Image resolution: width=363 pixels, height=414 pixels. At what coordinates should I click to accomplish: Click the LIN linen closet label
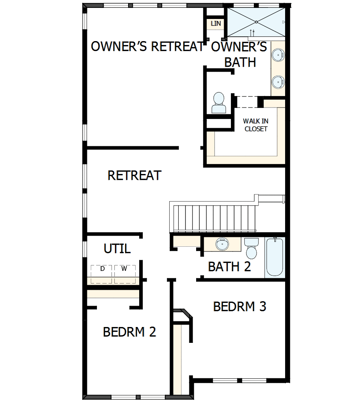(216, 24)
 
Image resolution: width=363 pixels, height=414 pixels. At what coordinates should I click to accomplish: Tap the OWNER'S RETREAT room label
(147, 47)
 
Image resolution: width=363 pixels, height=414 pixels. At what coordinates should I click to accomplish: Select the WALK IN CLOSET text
(256, 125)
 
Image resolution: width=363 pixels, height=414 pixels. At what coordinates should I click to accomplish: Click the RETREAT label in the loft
(134, 175)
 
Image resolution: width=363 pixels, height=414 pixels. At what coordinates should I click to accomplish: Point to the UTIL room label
(117, 249)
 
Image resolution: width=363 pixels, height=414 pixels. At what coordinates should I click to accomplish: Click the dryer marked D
(102, 272)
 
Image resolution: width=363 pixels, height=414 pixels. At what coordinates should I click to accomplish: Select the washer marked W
(125, 272)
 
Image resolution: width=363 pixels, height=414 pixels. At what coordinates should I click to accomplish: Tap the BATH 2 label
(229, 267)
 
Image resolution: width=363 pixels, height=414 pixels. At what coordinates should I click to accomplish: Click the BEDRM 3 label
(240, 306)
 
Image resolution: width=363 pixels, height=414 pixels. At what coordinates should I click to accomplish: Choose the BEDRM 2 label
(129, 332)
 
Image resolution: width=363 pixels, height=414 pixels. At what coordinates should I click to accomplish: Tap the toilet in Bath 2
(251, 248)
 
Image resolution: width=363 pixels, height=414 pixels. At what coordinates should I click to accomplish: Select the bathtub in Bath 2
(275, 257)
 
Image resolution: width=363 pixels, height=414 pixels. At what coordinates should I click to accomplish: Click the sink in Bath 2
(222, 244)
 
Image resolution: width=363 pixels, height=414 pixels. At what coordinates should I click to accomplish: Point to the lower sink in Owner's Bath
(278, 82)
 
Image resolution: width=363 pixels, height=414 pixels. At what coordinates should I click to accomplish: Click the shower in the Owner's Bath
(256, 22)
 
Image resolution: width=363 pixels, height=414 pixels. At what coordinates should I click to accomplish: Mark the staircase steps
(214, 218)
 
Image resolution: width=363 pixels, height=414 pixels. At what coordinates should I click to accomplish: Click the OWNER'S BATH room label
(240, 54)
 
